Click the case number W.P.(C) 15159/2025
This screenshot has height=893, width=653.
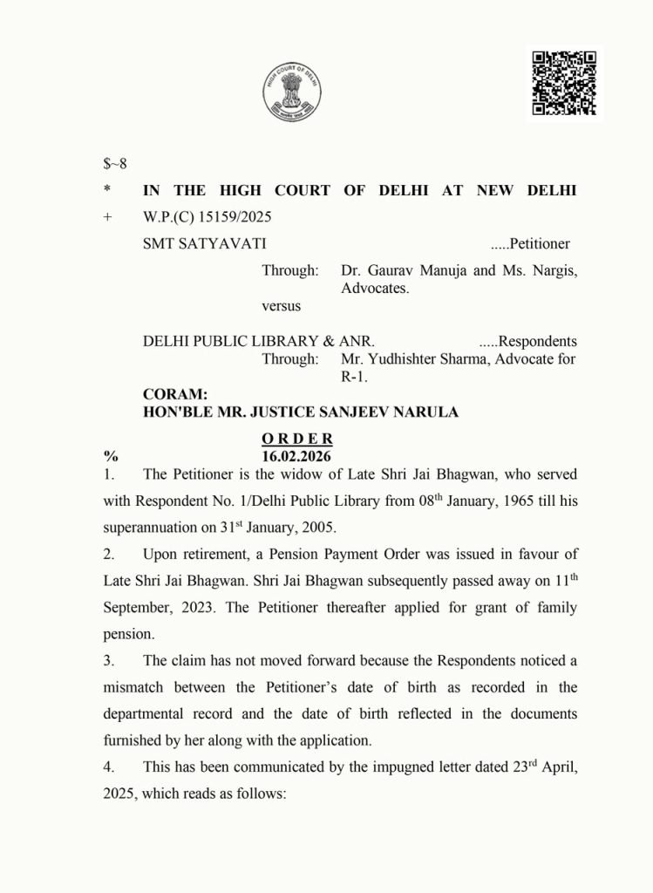point(201,217)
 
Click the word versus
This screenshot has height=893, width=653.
point(282,306)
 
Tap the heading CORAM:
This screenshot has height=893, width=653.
point(175,394)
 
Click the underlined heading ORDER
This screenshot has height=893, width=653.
point(297,438)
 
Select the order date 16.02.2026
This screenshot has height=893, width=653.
point(297,455)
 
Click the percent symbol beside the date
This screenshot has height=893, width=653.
point(111,455)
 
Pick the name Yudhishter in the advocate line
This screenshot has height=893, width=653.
point(411,358)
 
